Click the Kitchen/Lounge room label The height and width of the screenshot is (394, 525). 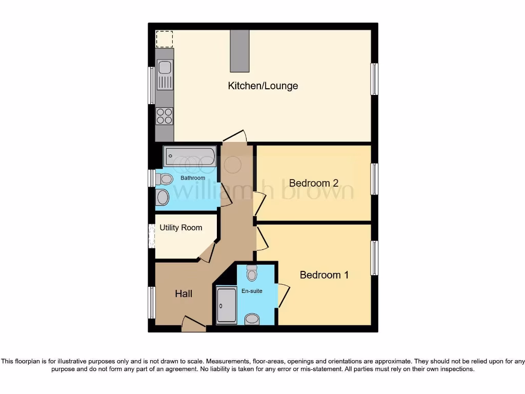tap(262, 86)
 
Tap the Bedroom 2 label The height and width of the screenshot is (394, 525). tap(314, 183)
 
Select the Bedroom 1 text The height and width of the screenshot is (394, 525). tap(324, 275)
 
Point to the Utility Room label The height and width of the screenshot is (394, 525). tap(180, 227)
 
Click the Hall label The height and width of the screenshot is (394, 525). tap(184, 293)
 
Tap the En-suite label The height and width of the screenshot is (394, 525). tap(252, 291)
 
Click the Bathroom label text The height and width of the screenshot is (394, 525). tap(192, 178)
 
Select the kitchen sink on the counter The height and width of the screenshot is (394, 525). tap(165, 74)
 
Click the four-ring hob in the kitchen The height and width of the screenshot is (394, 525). tap(165, 116)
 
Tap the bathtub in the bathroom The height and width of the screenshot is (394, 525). tap(190, 156)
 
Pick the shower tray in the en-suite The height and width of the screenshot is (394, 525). tap(226, 306)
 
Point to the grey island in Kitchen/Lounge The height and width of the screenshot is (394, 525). tap(239, 51)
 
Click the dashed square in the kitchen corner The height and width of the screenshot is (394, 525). tap(165, 39)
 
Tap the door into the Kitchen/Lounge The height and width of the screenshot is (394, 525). tap(235, 136)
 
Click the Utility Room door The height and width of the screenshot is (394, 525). tap(208, 252)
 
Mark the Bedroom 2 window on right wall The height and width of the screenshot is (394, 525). tap(374, 179)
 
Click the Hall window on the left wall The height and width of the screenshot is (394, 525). tap(152, 303)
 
